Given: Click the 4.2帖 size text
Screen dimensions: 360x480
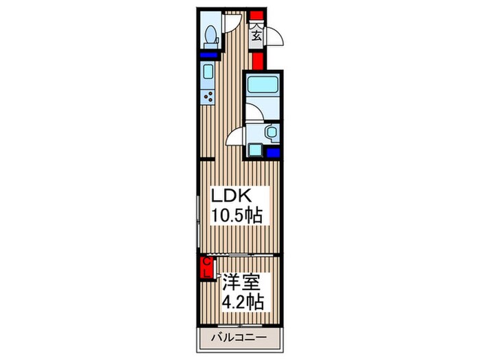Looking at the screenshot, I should click(x=240, y=300).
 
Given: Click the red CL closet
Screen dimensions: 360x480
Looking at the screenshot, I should click(x=205, y=267).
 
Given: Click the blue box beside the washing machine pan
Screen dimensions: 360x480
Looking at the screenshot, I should click(x=273, y=153).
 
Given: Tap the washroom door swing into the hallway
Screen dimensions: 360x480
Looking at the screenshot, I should click(x=236, y=136).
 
